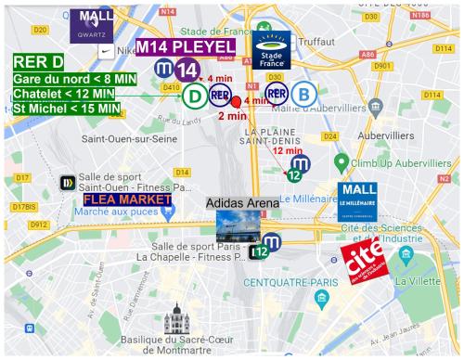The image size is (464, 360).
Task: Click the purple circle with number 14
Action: [187, 71]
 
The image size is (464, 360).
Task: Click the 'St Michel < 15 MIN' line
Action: [68, 109]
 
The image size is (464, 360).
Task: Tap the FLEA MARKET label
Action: [127, 199]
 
